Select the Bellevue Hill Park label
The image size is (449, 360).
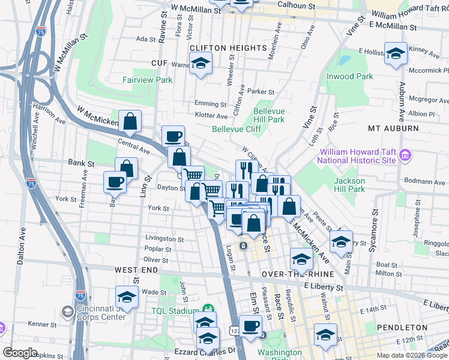[x=268, y=115]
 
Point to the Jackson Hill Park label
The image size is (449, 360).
[x=349, y=185]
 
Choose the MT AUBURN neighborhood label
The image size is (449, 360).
[x=393, y=128]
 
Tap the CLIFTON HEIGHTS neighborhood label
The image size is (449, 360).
[x=228, y=47]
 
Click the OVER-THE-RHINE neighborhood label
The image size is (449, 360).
[x=293, y=274]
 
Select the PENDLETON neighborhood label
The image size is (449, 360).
[x=402, y=328]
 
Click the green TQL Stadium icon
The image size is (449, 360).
[x=206, y=308]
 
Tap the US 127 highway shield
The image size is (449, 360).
[x=235, y=331]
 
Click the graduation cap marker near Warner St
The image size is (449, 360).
[x=200, y=62]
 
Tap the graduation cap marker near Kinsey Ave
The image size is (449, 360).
[x=396, y=53]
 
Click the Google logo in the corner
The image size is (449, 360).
[x=20, y=352]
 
